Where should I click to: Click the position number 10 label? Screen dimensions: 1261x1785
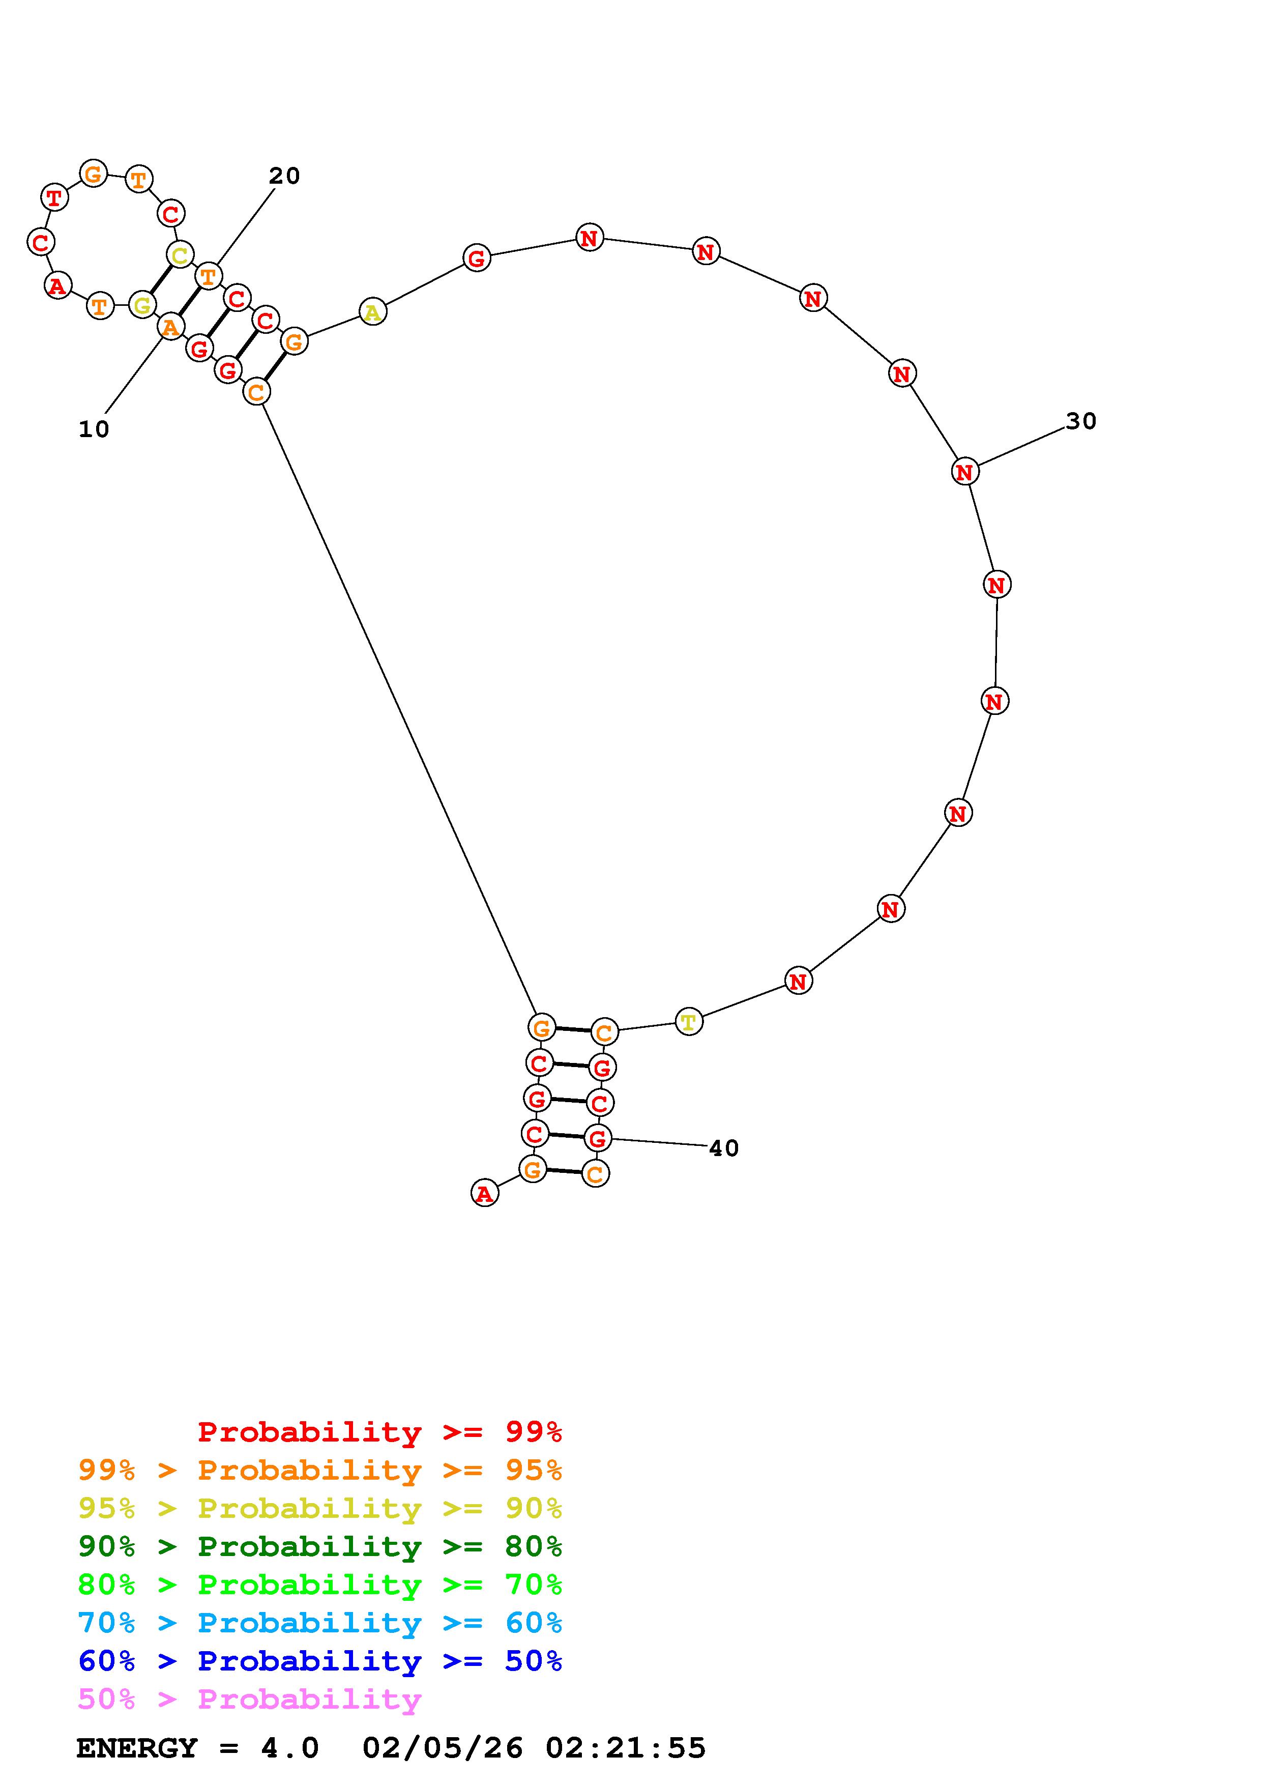point(94,429)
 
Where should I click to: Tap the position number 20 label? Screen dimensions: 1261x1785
point(284,177)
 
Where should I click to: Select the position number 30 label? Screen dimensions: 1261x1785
point(1081,421)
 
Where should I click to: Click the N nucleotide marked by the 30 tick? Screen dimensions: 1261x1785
point(964,471)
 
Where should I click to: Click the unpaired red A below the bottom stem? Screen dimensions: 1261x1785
point(485,1193)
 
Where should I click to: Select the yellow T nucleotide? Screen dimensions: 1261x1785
point(688,1022)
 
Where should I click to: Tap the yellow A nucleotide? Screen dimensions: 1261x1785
point(373,312)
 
